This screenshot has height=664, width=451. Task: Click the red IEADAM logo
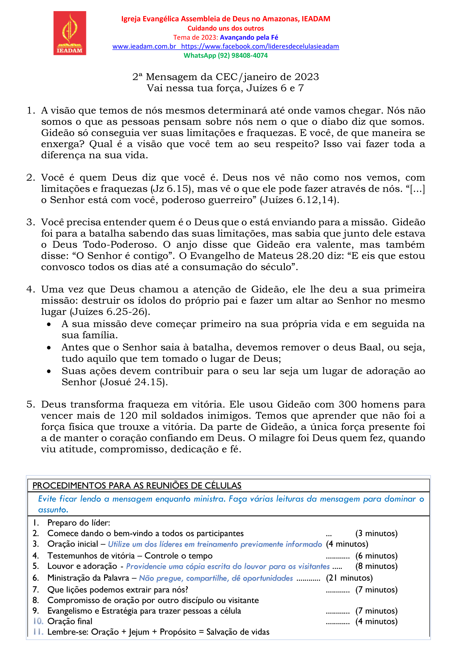(70, 33)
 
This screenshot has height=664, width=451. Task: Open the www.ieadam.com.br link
(144, 47)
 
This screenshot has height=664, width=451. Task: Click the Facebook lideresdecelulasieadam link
(260, 47)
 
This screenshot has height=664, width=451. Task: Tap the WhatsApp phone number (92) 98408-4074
(242, 56)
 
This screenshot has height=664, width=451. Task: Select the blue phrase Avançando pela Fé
(249, 38)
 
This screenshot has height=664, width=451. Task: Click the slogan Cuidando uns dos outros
(226, 28)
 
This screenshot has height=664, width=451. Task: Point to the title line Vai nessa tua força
(225, 88)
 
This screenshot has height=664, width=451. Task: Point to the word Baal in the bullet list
(371, 348)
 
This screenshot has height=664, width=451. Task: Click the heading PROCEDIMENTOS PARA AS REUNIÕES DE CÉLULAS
(137, 486)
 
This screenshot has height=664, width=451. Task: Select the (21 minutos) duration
(349, 578)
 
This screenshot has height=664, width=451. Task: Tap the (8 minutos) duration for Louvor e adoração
(376, 566)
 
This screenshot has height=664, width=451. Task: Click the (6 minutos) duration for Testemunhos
(376, 556)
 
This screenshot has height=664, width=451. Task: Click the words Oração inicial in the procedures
(73, 544)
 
